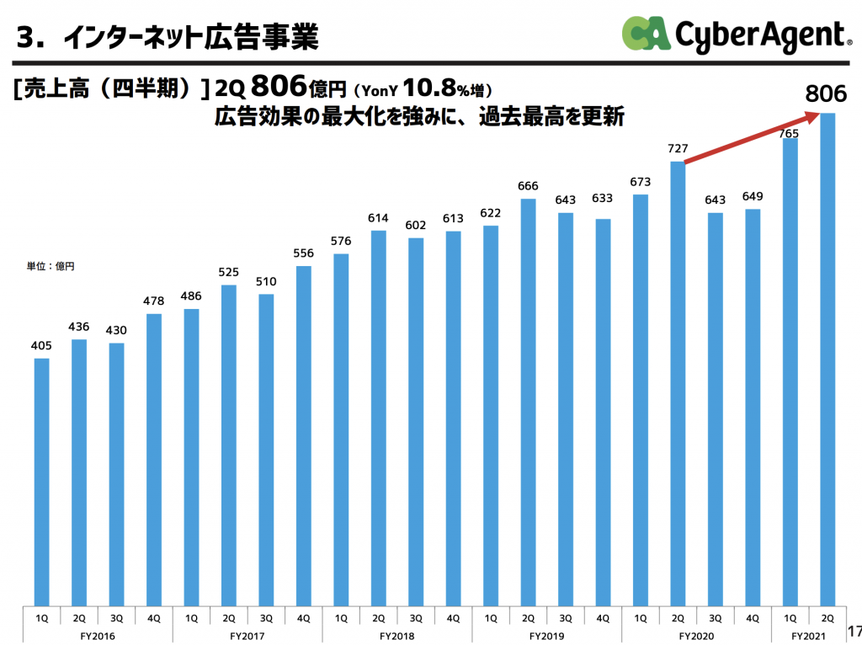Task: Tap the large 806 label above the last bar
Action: pos(826,94)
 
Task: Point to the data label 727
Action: pos(678,148)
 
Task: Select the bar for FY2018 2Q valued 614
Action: pos(379,418)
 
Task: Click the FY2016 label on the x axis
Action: pos(98,635)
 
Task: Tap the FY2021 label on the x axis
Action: pos(809,635)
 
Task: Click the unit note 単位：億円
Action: pos(51,266)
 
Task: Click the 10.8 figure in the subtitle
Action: pos(430,88)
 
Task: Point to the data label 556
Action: pos(304,253)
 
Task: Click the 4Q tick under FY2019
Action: pos(603,617)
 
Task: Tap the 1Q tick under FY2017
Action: pos(191,617)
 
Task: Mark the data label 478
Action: pos(154,301)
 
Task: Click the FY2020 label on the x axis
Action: pos(696,635)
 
